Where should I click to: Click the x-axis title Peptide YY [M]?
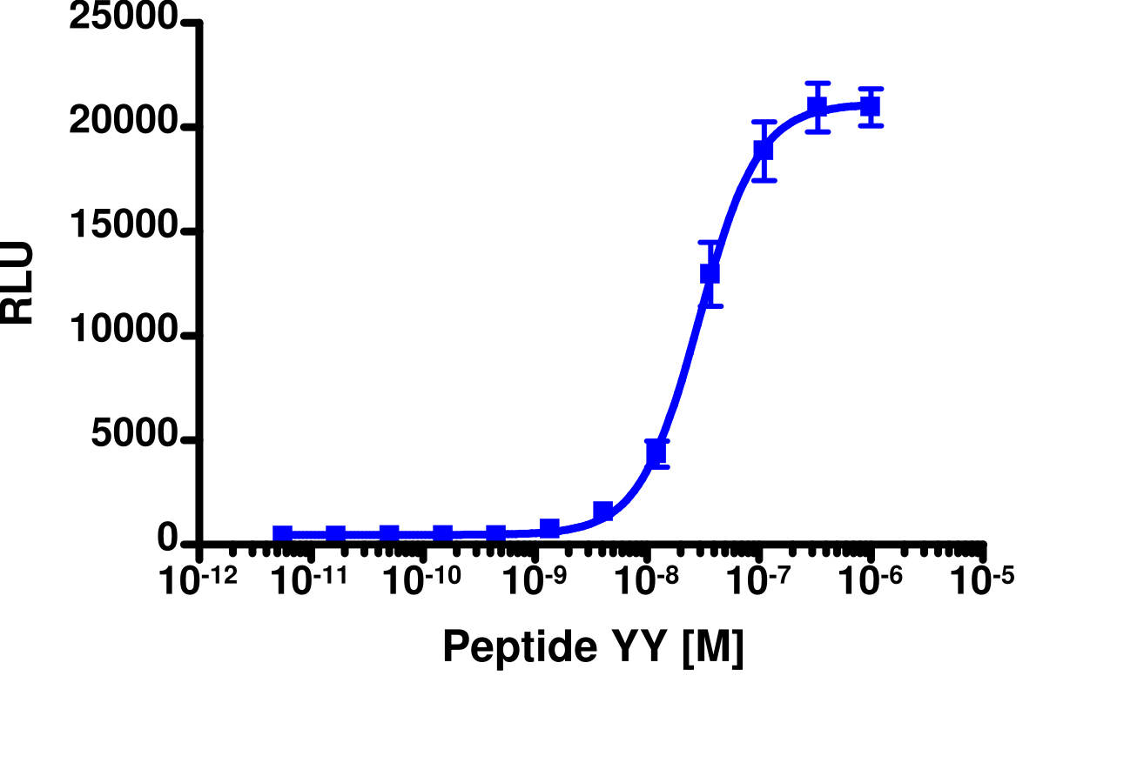coord(593,646)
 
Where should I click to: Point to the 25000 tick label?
coord(124,19)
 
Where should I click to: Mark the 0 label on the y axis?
coord(168,540)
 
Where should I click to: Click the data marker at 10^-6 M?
coord(870,107)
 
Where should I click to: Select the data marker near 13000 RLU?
coord(710,273)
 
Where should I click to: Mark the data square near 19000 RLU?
coord(764,150)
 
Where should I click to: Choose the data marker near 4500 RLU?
coord(656,452)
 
